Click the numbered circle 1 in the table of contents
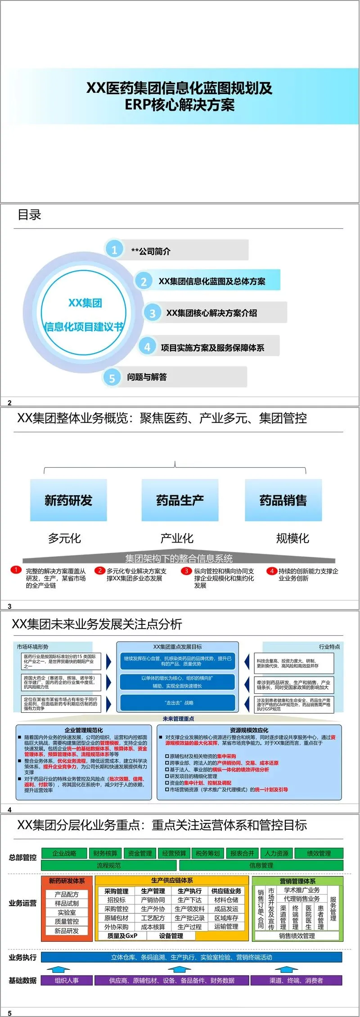114,249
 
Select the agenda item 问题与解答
147,377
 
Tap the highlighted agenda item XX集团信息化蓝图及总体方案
211,281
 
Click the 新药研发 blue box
68,500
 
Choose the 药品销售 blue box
283,500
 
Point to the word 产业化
177,538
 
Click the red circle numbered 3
186,570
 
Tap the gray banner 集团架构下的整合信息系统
179,559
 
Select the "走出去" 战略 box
178,702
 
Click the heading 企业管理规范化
84,730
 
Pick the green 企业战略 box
64,853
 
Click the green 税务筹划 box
207,853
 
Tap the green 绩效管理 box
319,853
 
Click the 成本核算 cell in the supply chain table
153,927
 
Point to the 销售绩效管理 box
297,936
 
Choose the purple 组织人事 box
67,981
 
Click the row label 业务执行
22,957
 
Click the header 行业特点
329,646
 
